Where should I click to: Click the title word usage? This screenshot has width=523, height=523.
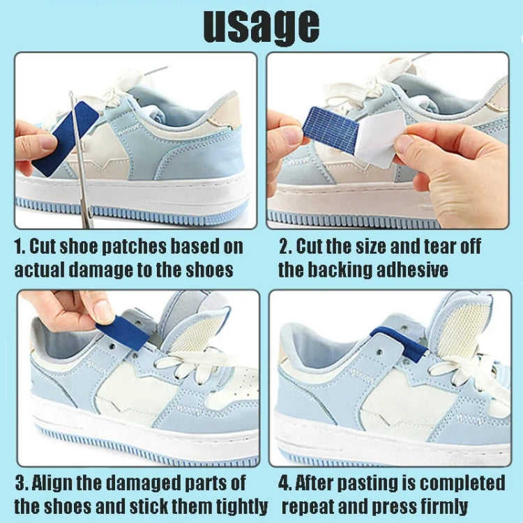pyautogui.click(x=261, y=26)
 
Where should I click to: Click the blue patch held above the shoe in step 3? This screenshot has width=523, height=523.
pyautogui.click(x=122, y=332)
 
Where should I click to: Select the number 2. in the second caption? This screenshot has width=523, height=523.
pyautogui.click(x=285, y=247)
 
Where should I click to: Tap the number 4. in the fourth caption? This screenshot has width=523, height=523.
pyautogui.click(x=285, y=483)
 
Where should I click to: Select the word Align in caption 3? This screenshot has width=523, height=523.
pyautogui.click(x=59, y=483)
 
